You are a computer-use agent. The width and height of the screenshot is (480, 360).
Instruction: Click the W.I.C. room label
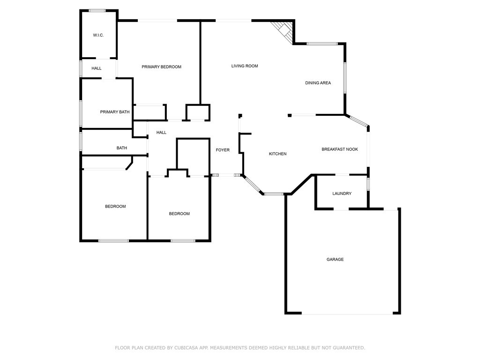(x=98, y=36)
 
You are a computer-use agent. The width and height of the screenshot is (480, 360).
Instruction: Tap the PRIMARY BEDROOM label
(x=161, y=67)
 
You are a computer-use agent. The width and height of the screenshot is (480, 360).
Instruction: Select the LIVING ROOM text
(x=245, y=66)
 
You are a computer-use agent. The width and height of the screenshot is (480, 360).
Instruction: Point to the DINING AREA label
(x=318, y=83)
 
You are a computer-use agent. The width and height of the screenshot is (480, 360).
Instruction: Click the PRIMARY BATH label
(x=115, y=112)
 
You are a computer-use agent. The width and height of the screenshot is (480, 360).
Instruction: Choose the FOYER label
(x=223, y=150)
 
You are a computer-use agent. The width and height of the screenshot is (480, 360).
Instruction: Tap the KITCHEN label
(x=277, y=154)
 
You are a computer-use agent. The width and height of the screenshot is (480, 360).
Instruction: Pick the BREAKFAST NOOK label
(x=339, y=150)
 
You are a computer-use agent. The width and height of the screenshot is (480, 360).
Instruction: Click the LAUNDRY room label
(x=342, y=194)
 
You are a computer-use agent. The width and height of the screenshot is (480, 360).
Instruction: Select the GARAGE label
(x=335, y=259)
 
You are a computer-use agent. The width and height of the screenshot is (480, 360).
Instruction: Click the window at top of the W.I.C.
(x=97, y=11)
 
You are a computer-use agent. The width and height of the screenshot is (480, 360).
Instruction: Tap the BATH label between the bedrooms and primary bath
(x=122, y=148)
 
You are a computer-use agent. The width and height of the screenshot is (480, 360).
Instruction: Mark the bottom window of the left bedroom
(x=113, y=241)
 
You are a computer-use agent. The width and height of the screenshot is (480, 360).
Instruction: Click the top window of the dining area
(x=322, y=44)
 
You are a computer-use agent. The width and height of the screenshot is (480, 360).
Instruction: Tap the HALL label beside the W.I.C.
(x=97, y=68)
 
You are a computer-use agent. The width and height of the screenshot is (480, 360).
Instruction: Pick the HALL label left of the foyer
(x=161, y=133)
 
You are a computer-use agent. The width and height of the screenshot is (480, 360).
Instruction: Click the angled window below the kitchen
(x=253, y=185)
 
